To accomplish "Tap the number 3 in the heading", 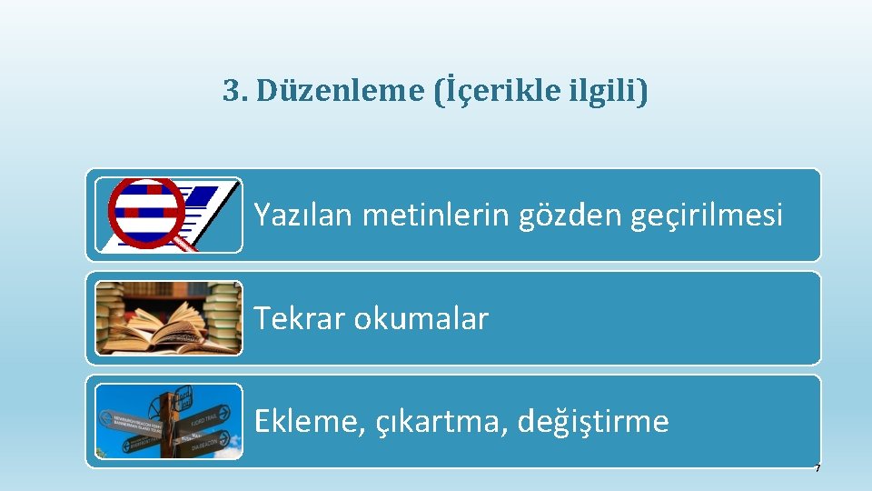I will pos(232,91).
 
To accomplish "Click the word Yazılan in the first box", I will pos(303,215).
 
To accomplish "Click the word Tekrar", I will pos(300,318).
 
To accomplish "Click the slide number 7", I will pos(817,468).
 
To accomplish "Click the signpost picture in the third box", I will pos(169,421).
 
